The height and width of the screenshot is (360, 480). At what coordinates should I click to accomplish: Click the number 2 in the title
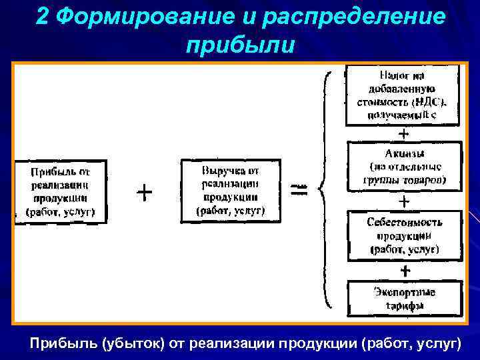pos(43,17)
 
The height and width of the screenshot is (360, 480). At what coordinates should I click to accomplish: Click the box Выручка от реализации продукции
pos(231,190)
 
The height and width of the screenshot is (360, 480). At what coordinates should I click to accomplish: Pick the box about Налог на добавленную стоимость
pos(402,95)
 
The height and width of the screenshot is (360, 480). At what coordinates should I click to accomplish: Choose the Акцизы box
pos(404,166)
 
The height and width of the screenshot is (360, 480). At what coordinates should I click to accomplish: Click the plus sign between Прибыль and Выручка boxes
pos(144,193)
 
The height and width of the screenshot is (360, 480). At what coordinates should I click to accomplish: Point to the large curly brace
pos(327,190)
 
